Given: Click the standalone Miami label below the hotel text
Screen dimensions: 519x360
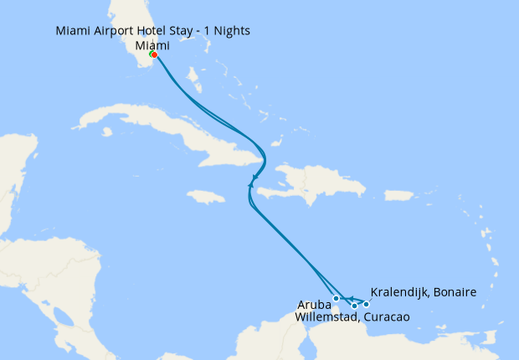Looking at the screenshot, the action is click(x=152, y=44).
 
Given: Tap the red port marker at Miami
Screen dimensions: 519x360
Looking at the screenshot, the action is click(x=155, y=55).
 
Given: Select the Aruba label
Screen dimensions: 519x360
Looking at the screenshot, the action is click(x=313, y=305).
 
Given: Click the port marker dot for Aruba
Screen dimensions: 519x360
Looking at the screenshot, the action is click(x=336, y=298).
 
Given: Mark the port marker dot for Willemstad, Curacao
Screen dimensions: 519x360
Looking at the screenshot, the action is click(x=355, y=306).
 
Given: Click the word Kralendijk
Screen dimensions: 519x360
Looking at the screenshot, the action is click(x=398, y=292).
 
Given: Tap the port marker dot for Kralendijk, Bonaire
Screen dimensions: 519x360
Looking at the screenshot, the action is click(x=366, y=304).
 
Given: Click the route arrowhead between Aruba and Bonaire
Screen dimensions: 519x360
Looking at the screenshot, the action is click(x=352, y=299).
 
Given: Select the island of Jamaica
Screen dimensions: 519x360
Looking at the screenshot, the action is click(x=206, y=197).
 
